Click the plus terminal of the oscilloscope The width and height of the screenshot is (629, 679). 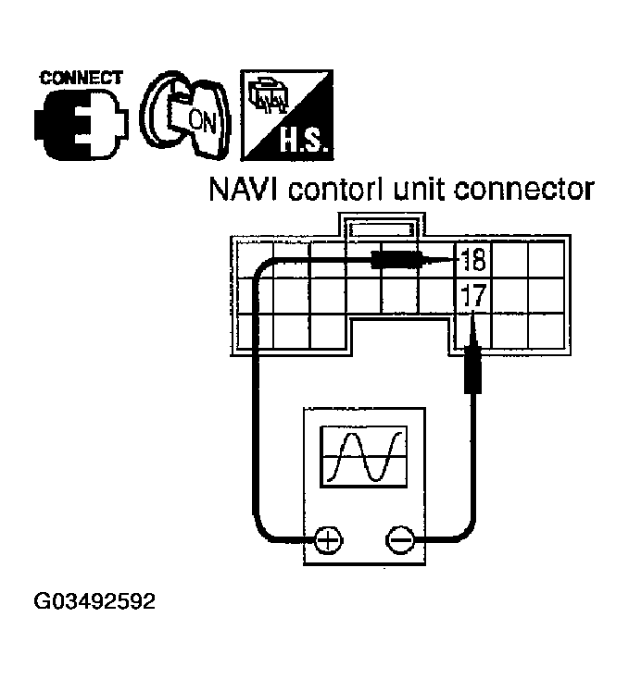pyautogui.click(x=327, y=539)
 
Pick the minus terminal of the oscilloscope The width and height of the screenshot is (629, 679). pyautogui.click(x=400, y=539)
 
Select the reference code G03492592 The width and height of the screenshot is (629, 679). pyautogui.click(x=95, y=603)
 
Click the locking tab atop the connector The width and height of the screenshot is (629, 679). pyautogui.click(x=383, y=225)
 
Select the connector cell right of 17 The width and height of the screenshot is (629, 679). pyautogui.click(x=508, y=298)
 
